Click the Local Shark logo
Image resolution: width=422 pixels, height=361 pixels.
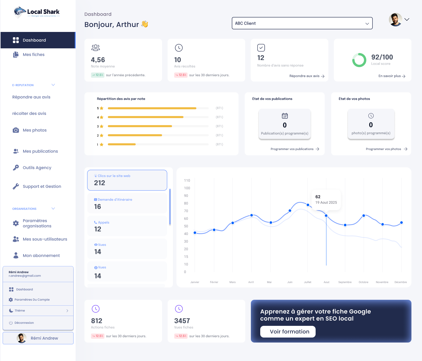[x=37, y=12]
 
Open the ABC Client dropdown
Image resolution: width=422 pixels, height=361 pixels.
[x=302, y=23]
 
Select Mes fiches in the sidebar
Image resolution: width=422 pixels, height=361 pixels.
[x=33, y=55]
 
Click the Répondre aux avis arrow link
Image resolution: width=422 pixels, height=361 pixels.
[x=307, y=76]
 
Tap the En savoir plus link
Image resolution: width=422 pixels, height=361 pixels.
[x=392, y=76]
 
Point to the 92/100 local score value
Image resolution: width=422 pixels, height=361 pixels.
[x=382, y=57]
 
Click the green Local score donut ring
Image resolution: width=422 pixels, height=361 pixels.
[x=359, y=60]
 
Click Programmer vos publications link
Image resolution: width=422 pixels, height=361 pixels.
[x=295, y=149]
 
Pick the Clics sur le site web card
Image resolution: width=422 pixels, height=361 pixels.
[x=127, y=180]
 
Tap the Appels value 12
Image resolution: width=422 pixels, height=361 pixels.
[x=98, y=229]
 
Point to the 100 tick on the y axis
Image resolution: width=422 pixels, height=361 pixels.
[x=187, y=188]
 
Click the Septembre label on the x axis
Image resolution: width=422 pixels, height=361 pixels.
[x=345, y=282]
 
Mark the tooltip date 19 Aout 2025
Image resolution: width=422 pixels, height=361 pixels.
[x=326, y=202]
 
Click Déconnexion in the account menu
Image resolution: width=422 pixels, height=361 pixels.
[x=24, y=323]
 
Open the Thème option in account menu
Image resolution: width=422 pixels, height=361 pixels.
[x=38, y=311]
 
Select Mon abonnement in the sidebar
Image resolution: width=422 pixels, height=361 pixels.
[x=41, y=256]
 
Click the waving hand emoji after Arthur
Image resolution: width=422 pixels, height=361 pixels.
[x=145, y=24]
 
